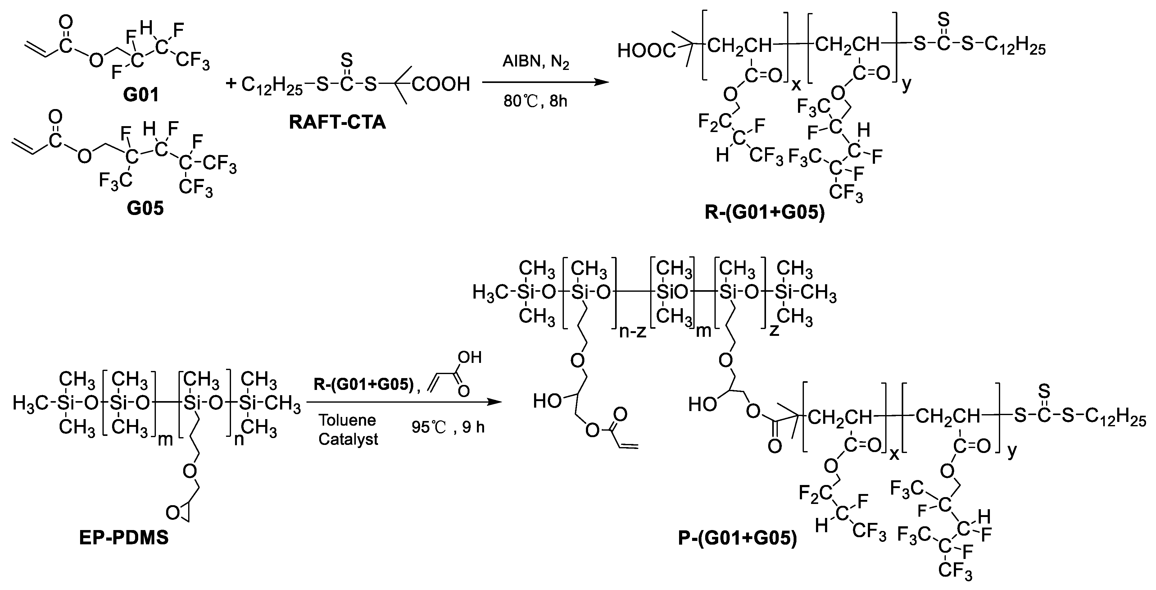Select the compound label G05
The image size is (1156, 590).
pos(145,209)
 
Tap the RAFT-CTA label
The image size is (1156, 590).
pos(338,122)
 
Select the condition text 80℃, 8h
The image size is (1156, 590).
pos(535,102)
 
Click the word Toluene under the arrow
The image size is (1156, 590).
pos(347,420)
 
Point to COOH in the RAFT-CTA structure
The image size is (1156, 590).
pos(441,84)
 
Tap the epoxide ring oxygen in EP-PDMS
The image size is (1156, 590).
pos(172,512)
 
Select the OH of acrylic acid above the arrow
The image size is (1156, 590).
pos(469,357)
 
